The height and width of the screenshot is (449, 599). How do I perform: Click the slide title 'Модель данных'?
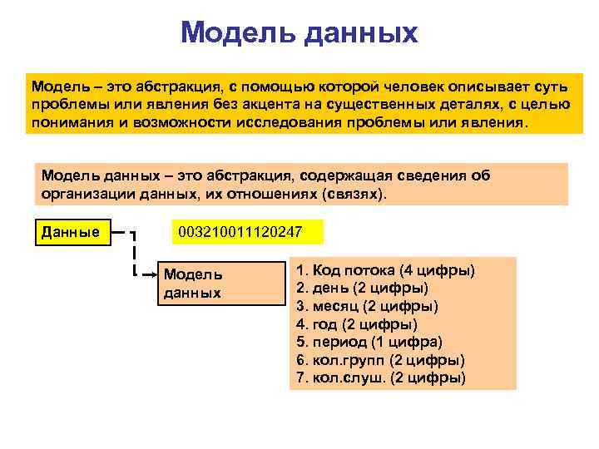pyautogui.click(x=299, y=33)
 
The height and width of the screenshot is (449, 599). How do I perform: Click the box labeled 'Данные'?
pyautogui.click(x=71, y=231)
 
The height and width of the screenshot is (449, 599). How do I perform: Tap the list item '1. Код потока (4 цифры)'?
pyautogui.click(x=386, y=271)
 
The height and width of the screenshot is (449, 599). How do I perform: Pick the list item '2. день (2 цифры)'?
pyautogui.click(x=363, y=289)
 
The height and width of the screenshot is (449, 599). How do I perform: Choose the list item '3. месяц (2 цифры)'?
pyautogui.click(x=368, y=306)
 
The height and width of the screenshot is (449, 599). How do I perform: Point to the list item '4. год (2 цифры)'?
pyautogui.click(x=357, y=324)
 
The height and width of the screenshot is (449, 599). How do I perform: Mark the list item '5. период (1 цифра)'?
pyautogui.click(x=369, y=342)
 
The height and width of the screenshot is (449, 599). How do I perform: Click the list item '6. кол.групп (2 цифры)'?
pyautogui.click(x=381, y=360)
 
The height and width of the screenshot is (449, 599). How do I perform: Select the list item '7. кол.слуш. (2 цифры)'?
pyautogui.click(x=381, y=377)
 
